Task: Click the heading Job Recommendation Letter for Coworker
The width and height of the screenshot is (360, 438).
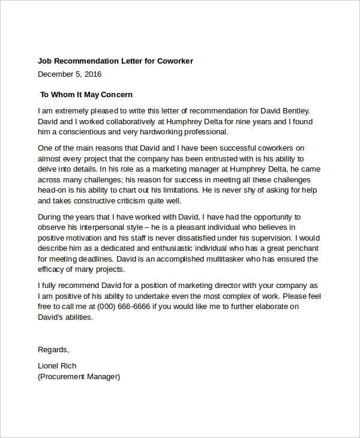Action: coord(115,61)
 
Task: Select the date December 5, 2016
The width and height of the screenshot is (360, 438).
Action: coord(70,74)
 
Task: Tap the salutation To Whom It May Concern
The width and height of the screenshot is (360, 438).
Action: coord(86,95)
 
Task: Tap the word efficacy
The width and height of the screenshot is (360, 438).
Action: coord(53,270)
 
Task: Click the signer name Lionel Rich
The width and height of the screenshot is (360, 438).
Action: coord(57,366)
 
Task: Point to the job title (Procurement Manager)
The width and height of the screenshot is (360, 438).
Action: coord(79,377)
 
